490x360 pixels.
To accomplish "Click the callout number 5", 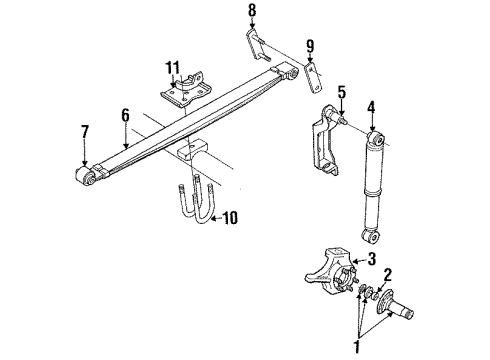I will pyautogui.click(x=340, y=97).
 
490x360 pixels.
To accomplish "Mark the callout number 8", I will pyautogui.click(x=252, y=11).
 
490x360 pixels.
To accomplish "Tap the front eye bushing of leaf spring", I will pyautogui.click(x=86, y=177).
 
